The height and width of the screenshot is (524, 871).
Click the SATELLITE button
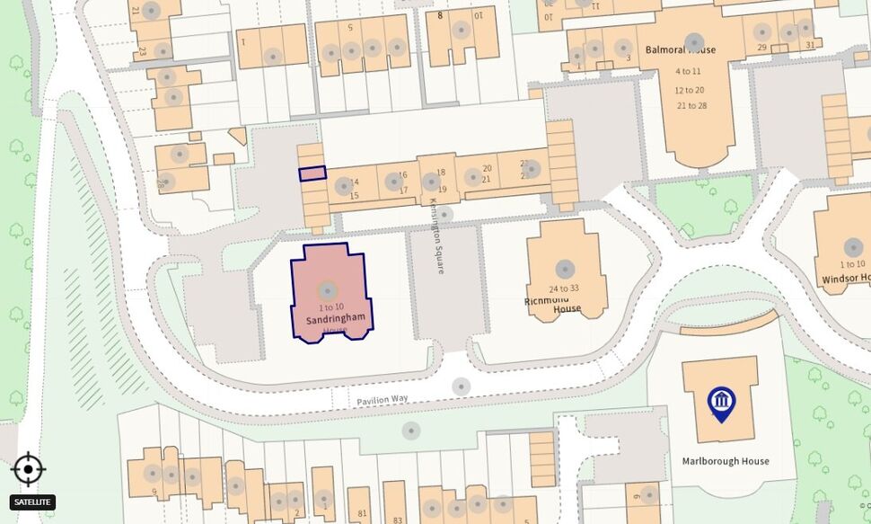point(32,502)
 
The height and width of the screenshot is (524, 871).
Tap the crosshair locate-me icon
point(28,469)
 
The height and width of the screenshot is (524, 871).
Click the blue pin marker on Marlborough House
point(722,403)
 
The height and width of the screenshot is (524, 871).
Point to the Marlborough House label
point(726,461)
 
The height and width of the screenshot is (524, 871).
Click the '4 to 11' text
point(688,71)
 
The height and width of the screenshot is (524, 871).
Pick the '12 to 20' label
point(690,90)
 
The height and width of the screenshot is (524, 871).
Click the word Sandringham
point(335,319)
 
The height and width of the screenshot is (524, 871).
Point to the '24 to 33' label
point(565,288)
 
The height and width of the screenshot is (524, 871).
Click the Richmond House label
point(553,305)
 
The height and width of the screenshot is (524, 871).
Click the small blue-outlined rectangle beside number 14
point(312,173)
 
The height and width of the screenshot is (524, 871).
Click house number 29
point(761,47)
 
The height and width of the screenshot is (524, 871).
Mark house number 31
point(810,46)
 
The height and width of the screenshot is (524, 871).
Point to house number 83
point(397,520)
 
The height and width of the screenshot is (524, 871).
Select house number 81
point(362,514)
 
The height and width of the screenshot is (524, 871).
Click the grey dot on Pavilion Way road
point(461,386)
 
